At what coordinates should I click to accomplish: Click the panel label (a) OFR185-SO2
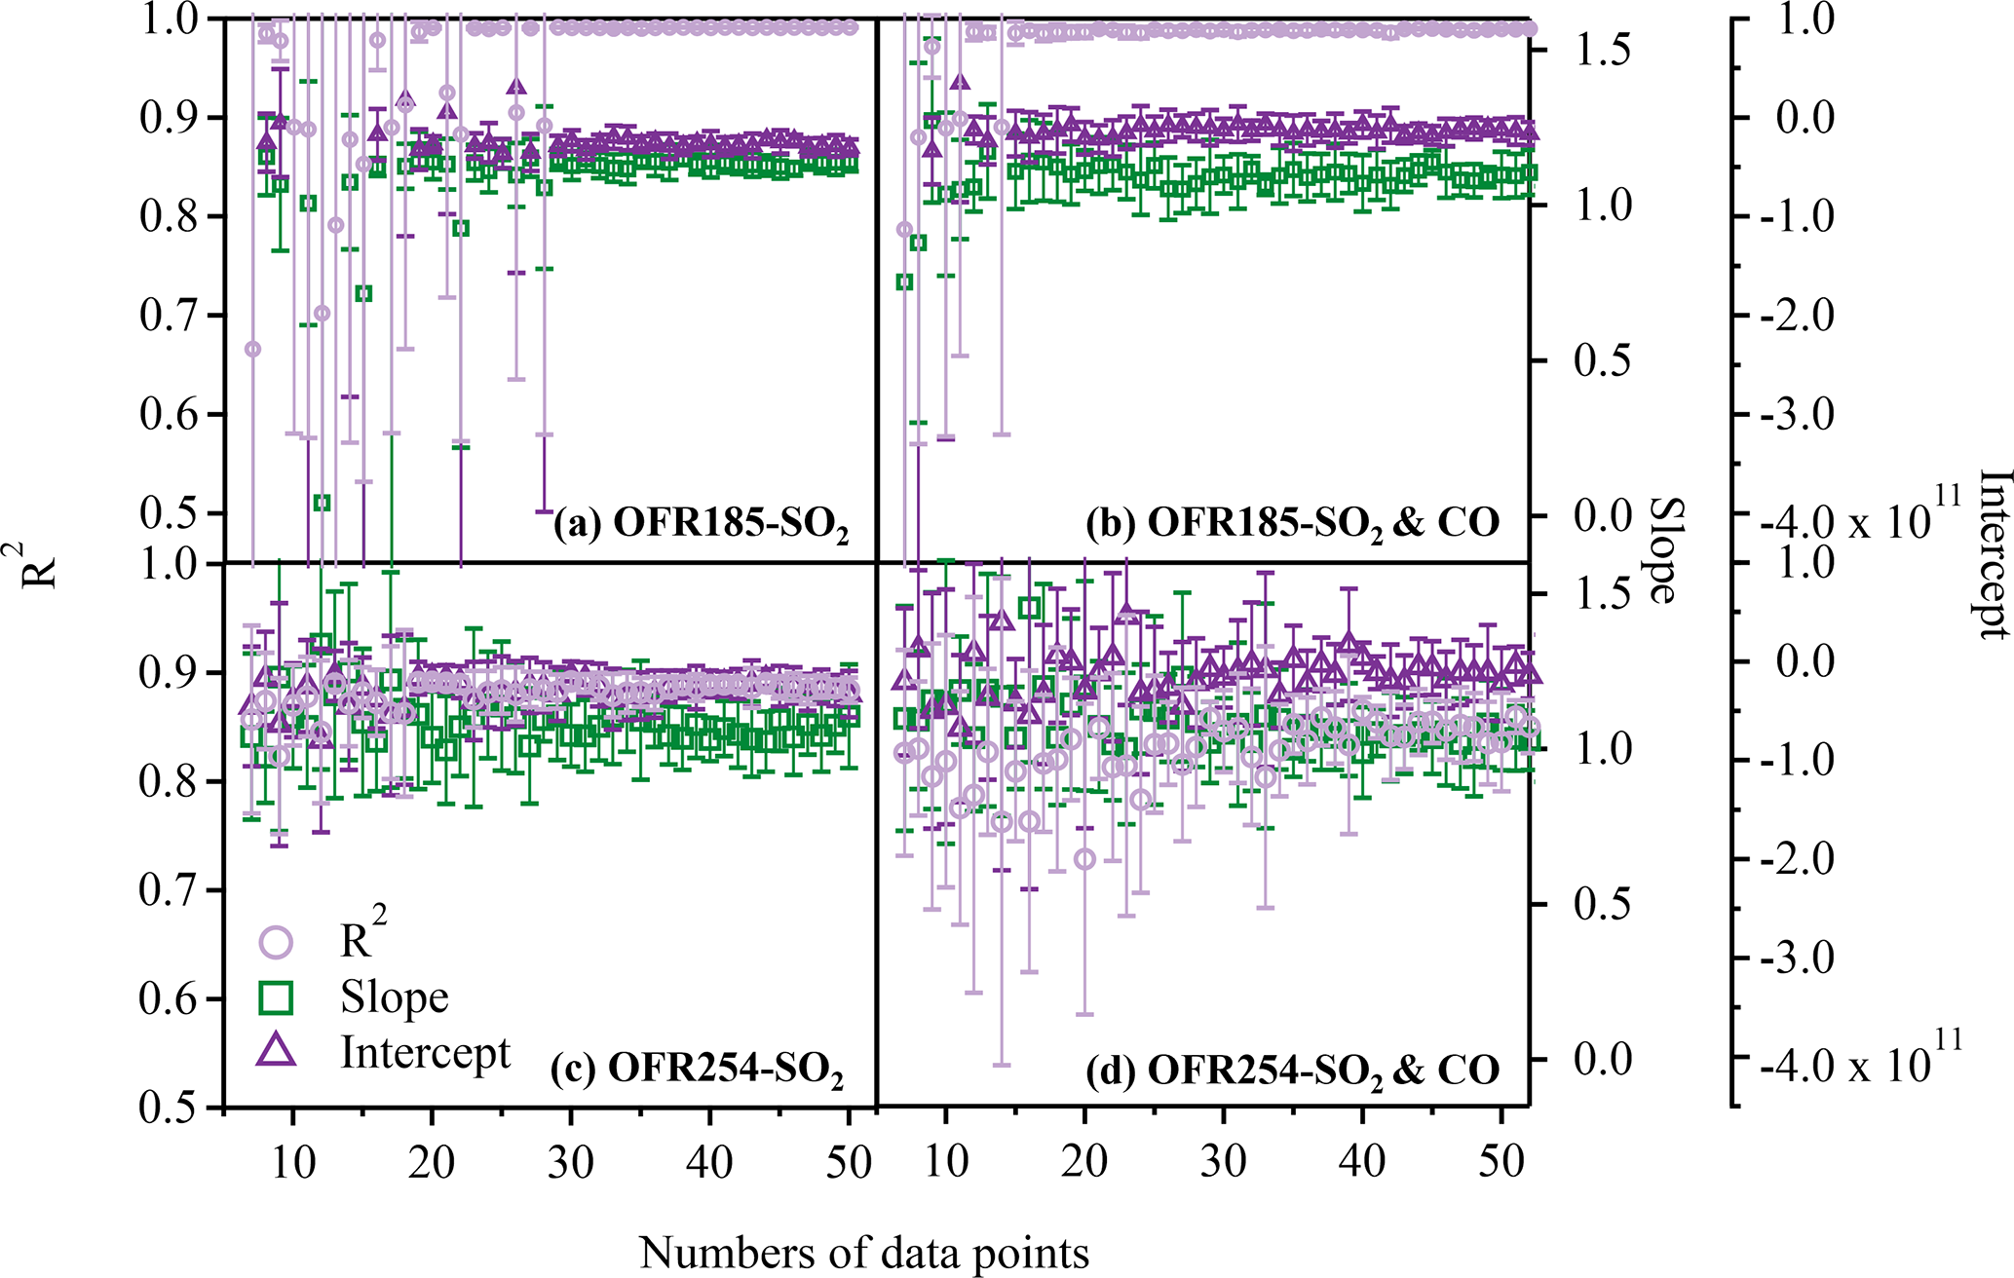(x=701, y=525)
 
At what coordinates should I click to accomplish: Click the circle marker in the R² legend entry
(x=276, y=942)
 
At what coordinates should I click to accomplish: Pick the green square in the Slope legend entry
(x=276, y=996)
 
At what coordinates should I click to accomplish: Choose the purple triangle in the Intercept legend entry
(x=276, y=1050)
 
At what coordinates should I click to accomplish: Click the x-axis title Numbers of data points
(x=864, y=1253)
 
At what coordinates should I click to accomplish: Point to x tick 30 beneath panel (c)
(x=570, y=1162)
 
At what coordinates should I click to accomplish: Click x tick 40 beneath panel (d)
(x=1362, y=1162)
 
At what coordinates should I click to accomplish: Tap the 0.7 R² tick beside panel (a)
(x=169, y=316)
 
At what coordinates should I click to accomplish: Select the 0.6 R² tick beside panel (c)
(x=169, y=999)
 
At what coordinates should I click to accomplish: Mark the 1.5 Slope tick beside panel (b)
(x=1602, y=51)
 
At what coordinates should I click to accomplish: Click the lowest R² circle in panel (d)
(x=1084, y=859)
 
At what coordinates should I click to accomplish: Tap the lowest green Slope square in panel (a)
(x=322, y=503)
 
